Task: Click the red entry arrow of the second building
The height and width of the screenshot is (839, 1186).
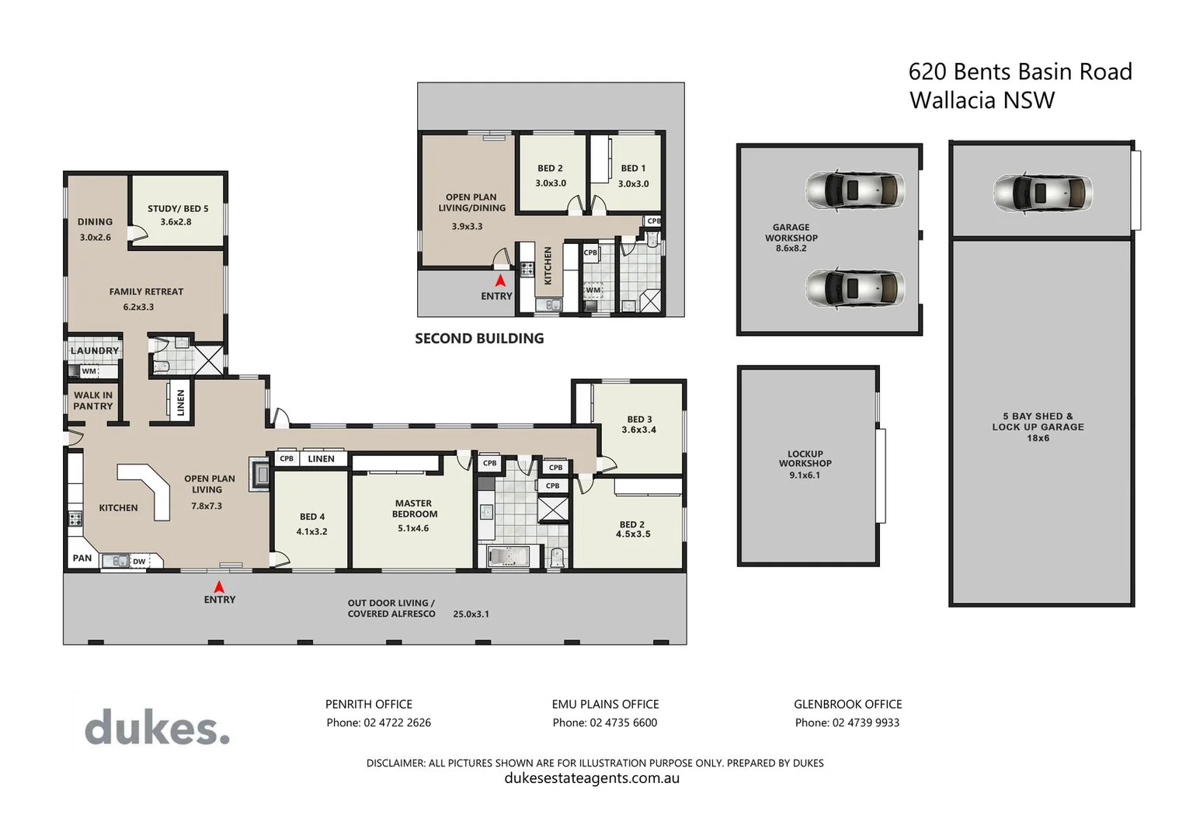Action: click(x=500, y=280)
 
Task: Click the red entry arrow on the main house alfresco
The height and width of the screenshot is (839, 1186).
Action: click(x=220, y=587)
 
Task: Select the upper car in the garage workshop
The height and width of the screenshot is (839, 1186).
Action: click(x=854, y=190)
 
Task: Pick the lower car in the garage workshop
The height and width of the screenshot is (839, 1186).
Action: click(x=854, y=288)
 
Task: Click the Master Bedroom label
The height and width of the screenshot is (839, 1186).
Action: click(x=414, y=509)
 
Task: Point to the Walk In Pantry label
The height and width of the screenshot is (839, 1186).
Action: click(x=93, y=401)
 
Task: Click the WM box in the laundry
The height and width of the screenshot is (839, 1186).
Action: click(x=89, y=371)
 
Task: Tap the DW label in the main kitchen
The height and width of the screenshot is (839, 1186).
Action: click(x=139, y=561)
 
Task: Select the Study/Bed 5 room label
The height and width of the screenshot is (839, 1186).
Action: click(x=178, y=209)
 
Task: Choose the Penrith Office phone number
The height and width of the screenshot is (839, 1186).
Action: click(x=378, y=722)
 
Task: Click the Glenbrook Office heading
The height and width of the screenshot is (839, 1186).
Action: click(x=847, y=704)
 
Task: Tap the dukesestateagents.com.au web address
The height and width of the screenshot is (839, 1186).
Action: click(x=592, y=778)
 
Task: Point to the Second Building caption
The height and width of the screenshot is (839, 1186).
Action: click(x=479, y=339)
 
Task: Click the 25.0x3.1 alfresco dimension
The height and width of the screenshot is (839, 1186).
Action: click(x=471, y=614)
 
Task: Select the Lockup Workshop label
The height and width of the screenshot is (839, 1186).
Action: click(x=805, y=458)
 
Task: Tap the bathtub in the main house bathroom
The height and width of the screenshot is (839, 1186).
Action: click(x=509, y=557)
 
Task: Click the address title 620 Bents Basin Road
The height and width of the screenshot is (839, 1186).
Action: click(x=1020, y=72)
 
